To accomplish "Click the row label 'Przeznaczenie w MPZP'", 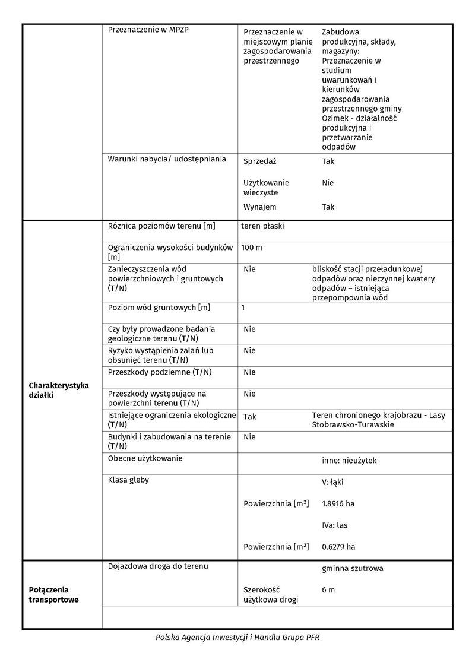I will tap(145, 28).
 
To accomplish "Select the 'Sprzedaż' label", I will tap(260, 161).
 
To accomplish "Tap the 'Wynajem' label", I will tap(260, 207).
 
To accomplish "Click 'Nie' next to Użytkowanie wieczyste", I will tap(328, 183).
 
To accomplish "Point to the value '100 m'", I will tap(251, 248).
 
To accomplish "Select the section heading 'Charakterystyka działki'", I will tap(59, 390).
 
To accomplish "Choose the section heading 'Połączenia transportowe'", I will tap(54, 594).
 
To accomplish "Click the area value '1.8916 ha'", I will tap(338, 504).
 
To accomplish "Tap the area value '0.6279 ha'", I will tap(338, 547).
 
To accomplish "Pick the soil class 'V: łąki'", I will tap(333, 483).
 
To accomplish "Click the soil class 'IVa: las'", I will tap(334, 525).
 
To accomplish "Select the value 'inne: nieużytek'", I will tap(349, 461).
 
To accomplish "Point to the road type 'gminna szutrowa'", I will tap(352, 569).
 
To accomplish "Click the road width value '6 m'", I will tap(328, 590).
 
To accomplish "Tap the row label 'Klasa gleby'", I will tap(128, 480).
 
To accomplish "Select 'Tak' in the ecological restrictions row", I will tap(250, 417).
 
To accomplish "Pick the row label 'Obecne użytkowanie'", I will tap(145, 458).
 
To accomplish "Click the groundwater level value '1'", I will tap(243, 308).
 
